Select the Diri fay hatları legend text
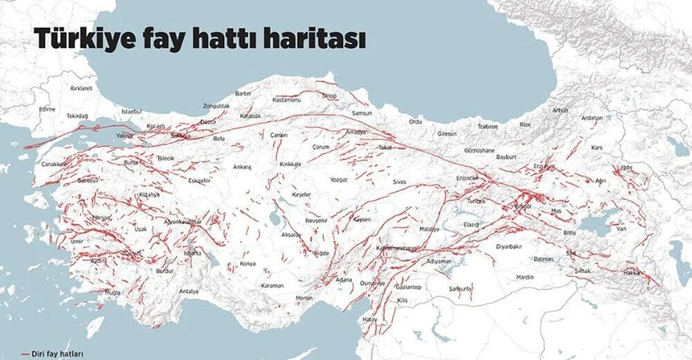(x=59, y=353)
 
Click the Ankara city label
(x=242, y=167)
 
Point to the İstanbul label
(x=131, y=111)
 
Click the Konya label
(x=247, y=264)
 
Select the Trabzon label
(x=488, y=126)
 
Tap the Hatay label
(x=371, y=318)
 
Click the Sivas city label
(x=399, y=181)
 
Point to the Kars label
(x=597, y=147)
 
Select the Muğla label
(x=112, y=293)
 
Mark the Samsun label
(x=362, y=113)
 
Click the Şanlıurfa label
(x=459, y=287)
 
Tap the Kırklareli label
(x=82, y=89)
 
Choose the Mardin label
(x=525, y=277)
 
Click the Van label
(x=621, y=228)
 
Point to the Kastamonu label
(x=285, y=100)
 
